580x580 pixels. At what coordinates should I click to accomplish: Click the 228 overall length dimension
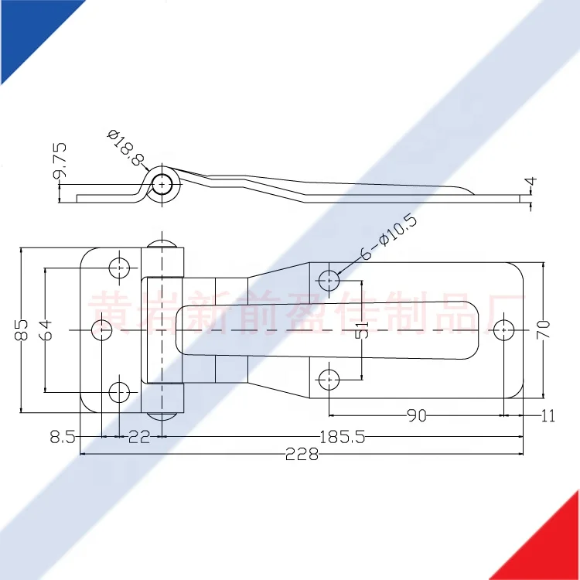click(x=302, y=455)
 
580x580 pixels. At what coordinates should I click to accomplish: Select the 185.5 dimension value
click(x=341, y=437)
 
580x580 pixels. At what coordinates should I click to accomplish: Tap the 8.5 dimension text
click(x=62, y=437)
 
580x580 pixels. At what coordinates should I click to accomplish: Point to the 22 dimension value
click(x=138, y=437)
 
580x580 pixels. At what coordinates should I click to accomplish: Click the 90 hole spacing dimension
click(x=416, y=416)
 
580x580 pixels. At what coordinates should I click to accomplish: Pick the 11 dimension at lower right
click(x=548, y=416)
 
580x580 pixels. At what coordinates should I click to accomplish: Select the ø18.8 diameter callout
click(x=126, y=147)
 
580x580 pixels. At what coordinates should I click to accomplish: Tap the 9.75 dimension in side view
click(x=60, y=162)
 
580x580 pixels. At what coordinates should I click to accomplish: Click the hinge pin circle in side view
click(x=162, y=184)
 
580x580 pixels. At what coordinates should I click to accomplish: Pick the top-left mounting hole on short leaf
click(x=120, y=268)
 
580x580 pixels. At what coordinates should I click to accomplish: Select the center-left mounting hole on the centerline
click(x=102, y=329)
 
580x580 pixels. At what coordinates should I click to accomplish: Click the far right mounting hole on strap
click(x=504, y=329)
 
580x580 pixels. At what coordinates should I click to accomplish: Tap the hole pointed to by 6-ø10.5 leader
click(x=329, y=280)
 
